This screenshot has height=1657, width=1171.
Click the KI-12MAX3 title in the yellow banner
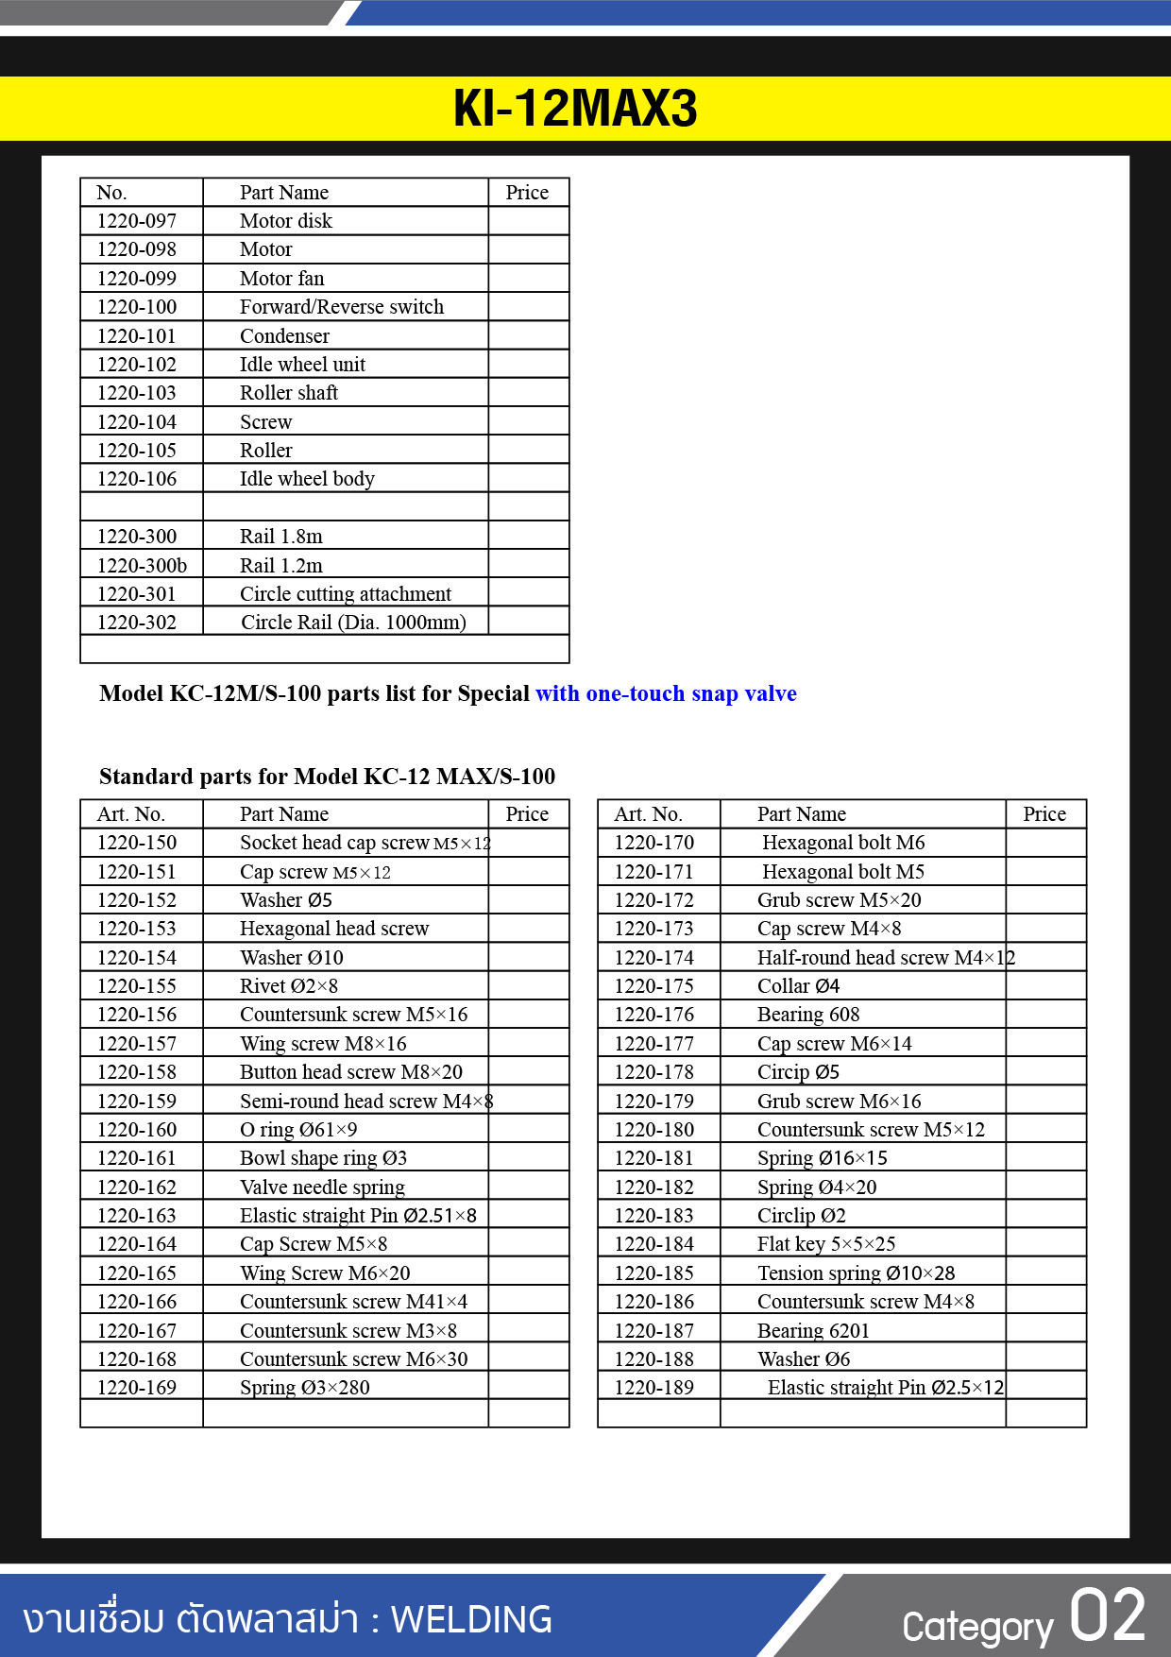(x=575, y=109)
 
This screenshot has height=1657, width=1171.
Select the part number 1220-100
(x=137, y=307)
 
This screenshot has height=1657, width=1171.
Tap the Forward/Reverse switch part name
(x=341, y=307)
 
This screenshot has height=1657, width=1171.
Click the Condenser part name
(x=284, y=336)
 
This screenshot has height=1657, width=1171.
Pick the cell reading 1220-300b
(x=142, y=566)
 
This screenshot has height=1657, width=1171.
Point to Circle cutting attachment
(x=345, y=594)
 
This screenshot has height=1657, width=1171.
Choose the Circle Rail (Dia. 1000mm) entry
(x=353, y=623)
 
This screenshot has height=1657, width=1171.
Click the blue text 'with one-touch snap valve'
(x=666, y=694)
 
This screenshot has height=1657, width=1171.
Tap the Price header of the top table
(x=527, y=193)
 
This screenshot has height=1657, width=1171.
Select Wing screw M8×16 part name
(x=323, y=1044)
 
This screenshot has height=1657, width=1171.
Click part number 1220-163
(x=137, y=1216)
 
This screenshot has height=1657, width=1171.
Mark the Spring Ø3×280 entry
(x=304, y=1388)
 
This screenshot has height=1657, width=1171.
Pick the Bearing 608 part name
(x=808, y=1015)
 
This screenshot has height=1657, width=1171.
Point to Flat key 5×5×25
(x=826, y=1244)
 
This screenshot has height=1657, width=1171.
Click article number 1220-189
(x=653, y=1388)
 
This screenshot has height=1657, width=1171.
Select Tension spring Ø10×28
(x=856, y=1273)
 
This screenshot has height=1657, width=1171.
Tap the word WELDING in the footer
(x=471, y=1619)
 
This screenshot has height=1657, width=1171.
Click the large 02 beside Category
(x=1108, y=1616)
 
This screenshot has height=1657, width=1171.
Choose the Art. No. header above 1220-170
(x=648, y=814)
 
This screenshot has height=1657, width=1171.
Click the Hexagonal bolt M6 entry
(x=843, y=843)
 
